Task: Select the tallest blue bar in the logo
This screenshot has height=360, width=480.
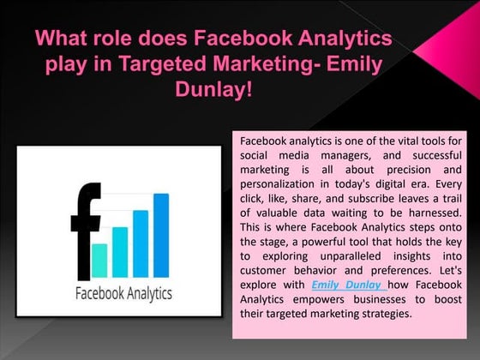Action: (160, 231)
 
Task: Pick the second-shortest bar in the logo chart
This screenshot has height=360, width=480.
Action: (120, 250)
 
